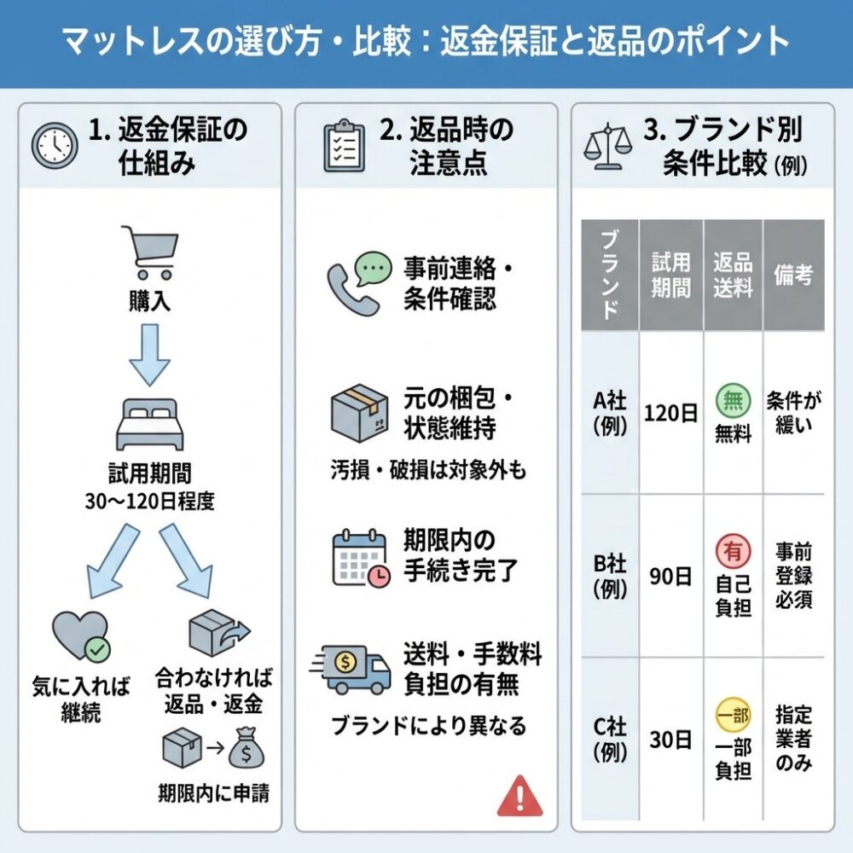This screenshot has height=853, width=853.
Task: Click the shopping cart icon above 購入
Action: pyautogui.click(x=149, y=252)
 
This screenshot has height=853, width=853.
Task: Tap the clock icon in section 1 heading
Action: pyautogui.click(x=54, y=146)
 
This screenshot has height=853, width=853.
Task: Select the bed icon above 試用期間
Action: pyautogui.click(x=149, y=424)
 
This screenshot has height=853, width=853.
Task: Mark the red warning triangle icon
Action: pyautogui.click(x=519, y=795)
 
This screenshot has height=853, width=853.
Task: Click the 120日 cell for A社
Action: pyautogui.click(x=670, y=414)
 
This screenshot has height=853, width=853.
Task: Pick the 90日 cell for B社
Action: pyautogui.click(x=670, y=577)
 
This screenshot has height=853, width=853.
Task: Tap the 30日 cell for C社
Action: pyautogui.click(x=670, y=740)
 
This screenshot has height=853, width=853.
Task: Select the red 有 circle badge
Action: pyautogui.click(x=733, y=550)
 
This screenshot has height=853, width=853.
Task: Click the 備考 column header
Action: pyautogui.click(x=793, y=275)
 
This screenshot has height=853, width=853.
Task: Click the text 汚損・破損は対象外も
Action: pyautogui.click(x=428, y=469)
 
